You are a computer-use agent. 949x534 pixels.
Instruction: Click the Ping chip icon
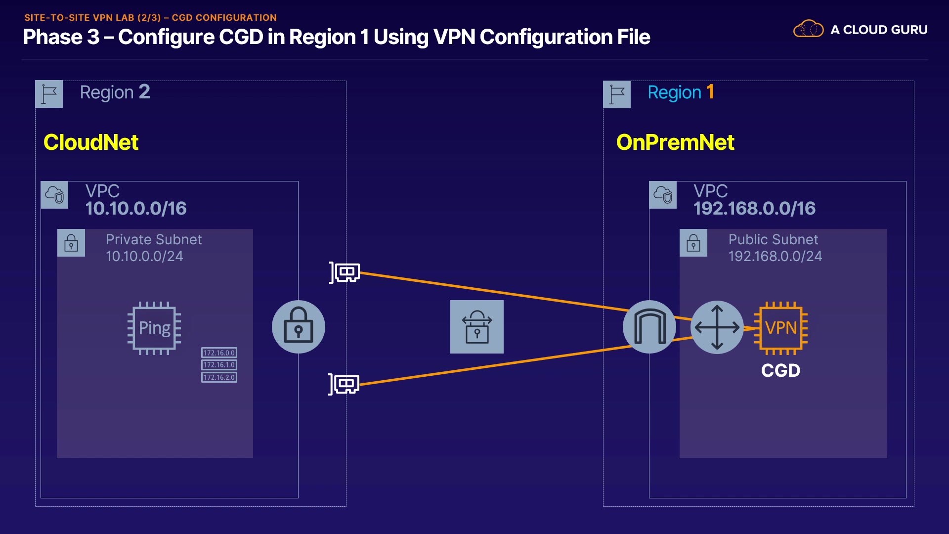[x=154, y=328]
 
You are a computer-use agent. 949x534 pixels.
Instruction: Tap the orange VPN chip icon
[x=780, y=328]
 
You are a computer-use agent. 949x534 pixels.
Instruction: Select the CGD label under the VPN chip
[x=780, y=370]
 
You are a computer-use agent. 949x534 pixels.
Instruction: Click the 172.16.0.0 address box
[x=219, y=353]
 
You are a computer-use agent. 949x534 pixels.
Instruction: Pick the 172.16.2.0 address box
[x=219, y=377]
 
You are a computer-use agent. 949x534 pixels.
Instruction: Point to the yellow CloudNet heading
[x=91, y=142]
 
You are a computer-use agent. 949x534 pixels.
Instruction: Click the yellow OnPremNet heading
[x=675, y=142]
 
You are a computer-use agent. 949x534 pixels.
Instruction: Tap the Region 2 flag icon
[x=49, y=94]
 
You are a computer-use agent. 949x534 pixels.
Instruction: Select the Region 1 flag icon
[x=617, y=94]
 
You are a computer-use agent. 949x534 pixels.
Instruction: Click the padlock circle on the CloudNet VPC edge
[x=299, y=327]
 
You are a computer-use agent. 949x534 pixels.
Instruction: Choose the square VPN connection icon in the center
[x=477, y=327]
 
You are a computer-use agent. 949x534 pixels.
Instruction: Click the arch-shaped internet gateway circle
[x=649, y=327]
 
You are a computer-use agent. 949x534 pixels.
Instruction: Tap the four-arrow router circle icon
[x=717, y=327]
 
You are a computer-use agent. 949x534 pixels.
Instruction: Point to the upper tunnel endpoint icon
[x=345, y=272]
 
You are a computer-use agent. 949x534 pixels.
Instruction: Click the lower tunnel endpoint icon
[x=345, y=384]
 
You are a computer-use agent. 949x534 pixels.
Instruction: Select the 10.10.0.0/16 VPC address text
[x=136, y=208]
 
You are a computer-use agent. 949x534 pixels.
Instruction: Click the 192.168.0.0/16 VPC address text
[x=754, y=208]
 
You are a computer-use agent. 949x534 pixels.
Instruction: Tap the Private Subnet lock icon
[x=71, y=243]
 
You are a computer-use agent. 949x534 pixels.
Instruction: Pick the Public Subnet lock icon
[x=693, y=243]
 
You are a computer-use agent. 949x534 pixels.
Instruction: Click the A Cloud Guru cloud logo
[x=808, y=29]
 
